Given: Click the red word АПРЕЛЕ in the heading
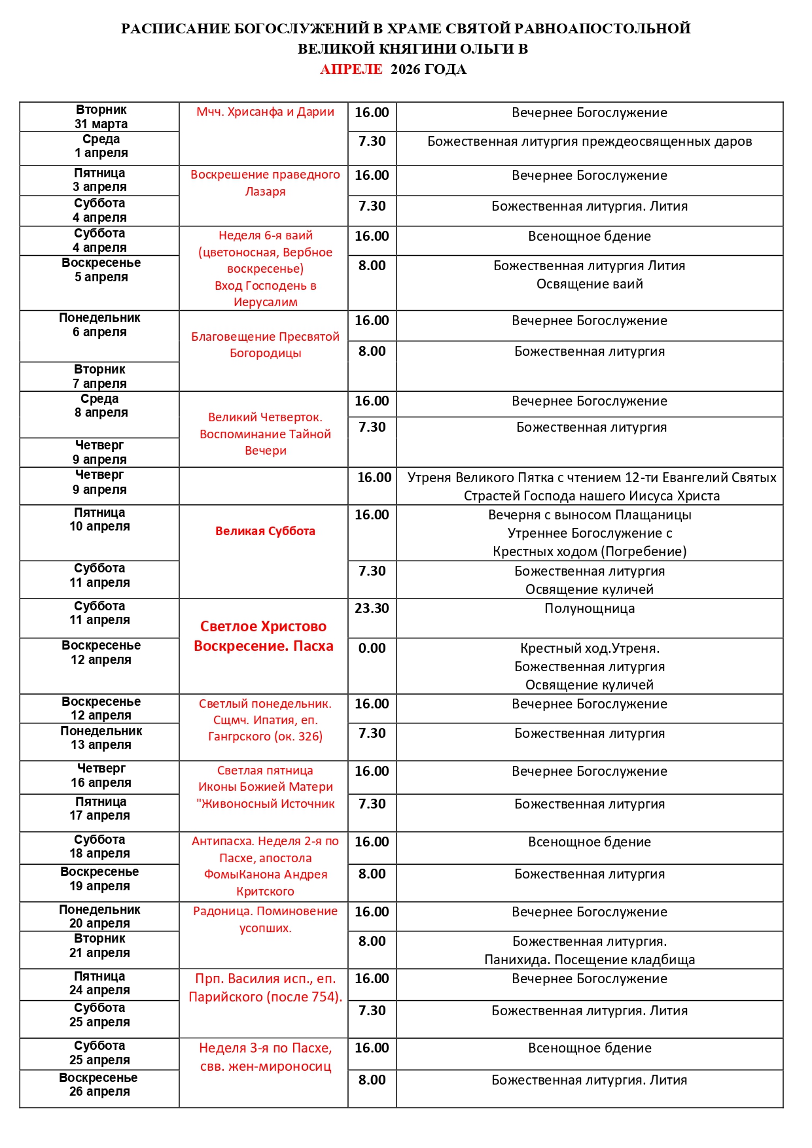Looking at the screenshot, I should (351, 69).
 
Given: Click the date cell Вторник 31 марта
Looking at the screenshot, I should (101, 117).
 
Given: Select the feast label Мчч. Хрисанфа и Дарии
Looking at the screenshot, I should (265, 112).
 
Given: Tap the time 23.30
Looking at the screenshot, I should (372, 608).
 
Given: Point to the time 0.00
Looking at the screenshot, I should (372, 648).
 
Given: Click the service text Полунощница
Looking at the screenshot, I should (590, 608).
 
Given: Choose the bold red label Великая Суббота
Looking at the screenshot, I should (265, 531).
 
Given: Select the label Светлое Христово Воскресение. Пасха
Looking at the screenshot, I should (264, 636).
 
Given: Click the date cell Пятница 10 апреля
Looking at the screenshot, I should (100, 519).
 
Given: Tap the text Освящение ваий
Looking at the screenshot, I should (590, 284).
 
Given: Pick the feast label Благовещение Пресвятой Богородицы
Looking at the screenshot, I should (265, 345).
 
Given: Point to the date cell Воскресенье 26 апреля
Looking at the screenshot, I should (99, 1085).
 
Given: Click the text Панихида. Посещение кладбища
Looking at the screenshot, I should (590, 960).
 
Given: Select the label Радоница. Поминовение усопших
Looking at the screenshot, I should (265, 919).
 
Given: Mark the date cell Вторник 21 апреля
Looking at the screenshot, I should (99, 946).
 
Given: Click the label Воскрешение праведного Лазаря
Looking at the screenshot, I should (265, 183).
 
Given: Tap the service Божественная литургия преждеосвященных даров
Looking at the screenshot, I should (590, 141).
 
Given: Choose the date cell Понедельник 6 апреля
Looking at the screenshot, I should (99, 325).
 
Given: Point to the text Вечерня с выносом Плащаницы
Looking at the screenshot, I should (590, 515).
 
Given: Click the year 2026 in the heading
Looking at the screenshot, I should (406, 69).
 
